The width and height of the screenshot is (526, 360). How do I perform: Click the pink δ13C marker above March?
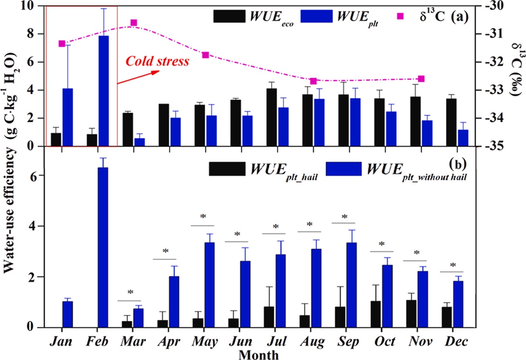click(x=134, y=23)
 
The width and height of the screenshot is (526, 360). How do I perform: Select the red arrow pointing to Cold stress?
click(x=138, y=77)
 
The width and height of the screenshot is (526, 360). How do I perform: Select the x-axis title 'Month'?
click(x=259, y=354)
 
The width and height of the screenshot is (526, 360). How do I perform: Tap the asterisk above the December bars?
click(x=452, y=265)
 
